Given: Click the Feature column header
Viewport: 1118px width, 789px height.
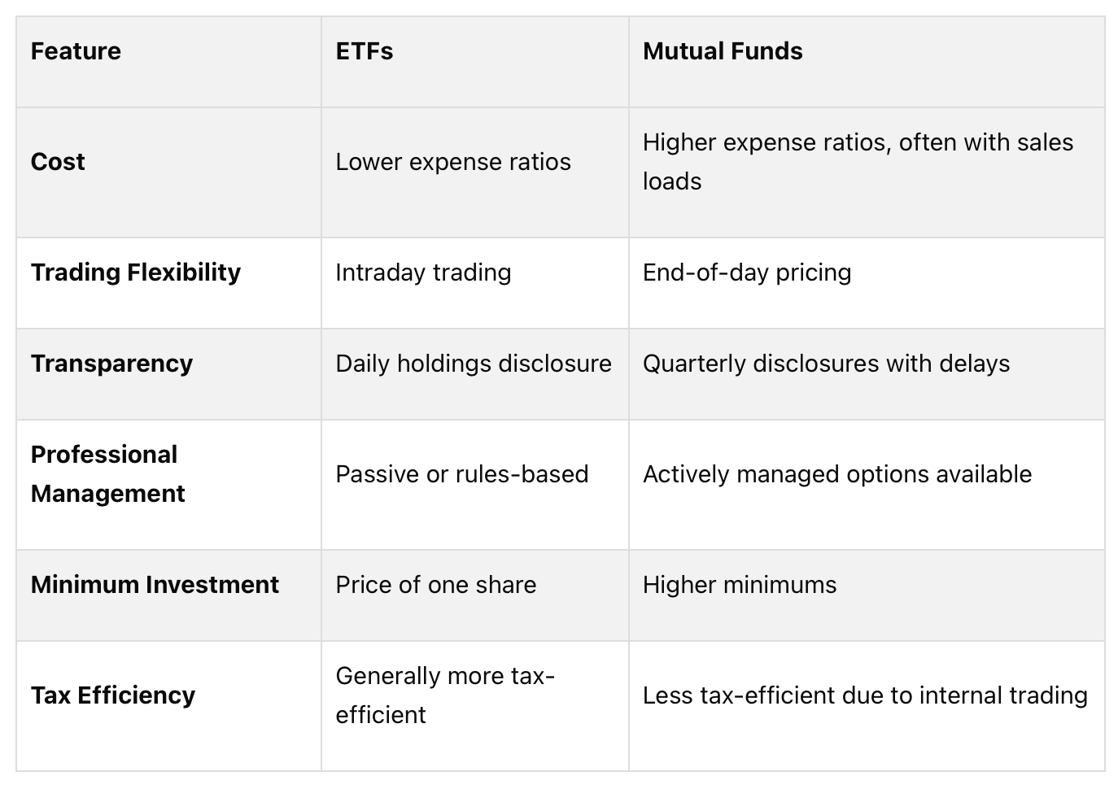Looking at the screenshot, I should click(x=76, y=51).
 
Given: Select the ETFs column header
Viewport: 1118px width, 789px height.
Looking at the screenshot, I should click(x=365, y=51).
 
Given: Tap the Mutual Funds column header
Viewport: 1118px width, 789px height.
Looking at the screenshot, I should click(x=723, y=51).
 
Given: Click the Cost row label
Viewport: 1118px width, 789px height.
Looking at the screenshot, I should click(x=58, y=162).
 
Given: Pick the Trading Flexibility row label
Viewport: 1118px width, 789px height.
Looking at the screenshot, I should click(x=136, y=272).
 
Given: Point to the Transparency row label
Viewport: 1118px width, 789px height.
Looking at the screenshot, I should click(x=111, y=364).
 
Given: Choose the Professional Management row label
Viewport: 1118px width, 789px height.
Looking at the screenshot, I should click(x=107, y=474).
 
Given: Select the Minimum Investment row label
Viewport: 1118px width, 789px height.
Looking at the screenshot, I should click(x=155, y=585).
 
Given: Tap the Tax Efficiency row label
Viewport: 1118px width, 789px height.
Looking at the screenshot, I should click(x=113, y=695).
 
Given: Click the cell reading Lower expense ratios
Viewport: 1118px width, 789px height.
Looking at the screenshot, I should click(x=453, y=162).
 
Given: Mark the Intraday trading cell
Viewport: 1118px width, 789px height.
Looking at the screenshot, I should click(x=423, y=272).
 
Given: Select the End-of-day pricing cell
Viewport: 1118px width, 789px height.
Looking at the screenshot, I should click(x=747, y=272).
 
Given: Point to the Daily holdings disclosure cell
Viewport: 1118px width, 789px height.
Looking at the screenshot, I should click(x=474, y=364).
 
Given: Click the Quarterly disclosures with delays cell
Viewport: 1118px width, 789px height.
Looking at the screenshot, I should click(x=826, y=364).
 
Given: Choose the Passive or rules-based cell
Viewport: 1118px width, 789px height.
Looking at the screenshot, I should click(x=461, y=474).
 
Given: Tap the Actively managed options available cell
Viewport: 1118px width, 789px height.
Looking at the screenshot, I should click(x=837, y=474).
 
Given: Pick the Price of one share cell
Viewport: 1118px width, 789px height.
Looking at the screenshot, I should click(x=436, y=585).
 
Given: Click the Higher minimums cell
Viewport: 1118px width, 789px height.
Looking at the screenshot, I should click(x=740, y=585).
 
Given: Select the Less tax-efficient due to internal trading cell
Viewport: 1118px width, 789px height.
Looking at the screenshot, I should click(x=865, y=695).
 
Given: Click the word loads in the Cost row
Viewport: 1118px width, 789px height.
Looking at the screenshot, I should click(x=672, y=181).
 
